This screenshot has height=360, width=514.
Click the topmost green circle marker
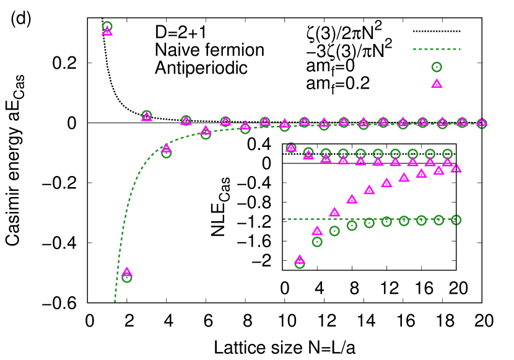(107, 26)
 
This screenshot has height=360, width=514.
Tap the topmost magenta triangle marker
(107, 31)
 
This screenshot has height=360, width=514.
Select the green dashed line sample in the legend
(437, 49)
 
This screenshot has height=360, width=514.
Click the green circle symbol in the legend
(437, 67)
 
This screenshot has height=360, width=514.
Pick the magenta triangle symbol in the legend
(437, 84)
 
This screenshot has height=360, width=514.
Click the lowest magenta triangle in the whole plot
(127, 271)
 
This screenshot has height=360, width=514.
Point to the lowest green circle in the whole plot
(127, 278)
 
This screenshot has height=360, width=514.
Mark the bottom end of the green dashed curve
(115, 302)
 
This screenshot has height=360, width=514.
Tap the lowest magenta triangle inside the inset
(300, 259)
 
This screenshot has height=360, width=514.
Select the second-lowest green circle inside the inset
(317, 242)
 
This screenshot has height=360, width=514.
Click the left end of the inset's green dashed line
(284, 219)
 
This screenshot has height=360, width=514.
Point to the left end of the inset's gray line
(284, 163)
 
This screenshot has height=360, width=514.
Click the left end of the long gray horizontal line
(89, 123)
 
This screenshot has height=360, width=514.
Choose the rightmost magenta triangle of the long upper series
(482, 123)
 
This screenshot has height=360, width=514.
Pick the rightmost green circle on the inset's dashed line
(456, 219)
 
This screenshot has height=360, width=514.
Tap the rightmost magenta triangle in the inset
(456, 168)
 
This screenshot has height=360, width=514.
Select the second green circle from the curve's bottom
(166, 153)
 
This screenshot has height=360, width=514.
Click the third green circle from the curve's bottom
(206, 134)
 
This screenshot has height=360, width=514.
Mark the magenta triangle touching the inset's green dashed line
(334, 213)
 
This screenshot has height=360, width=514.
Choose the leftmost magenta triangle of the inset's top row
(291, 147)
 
